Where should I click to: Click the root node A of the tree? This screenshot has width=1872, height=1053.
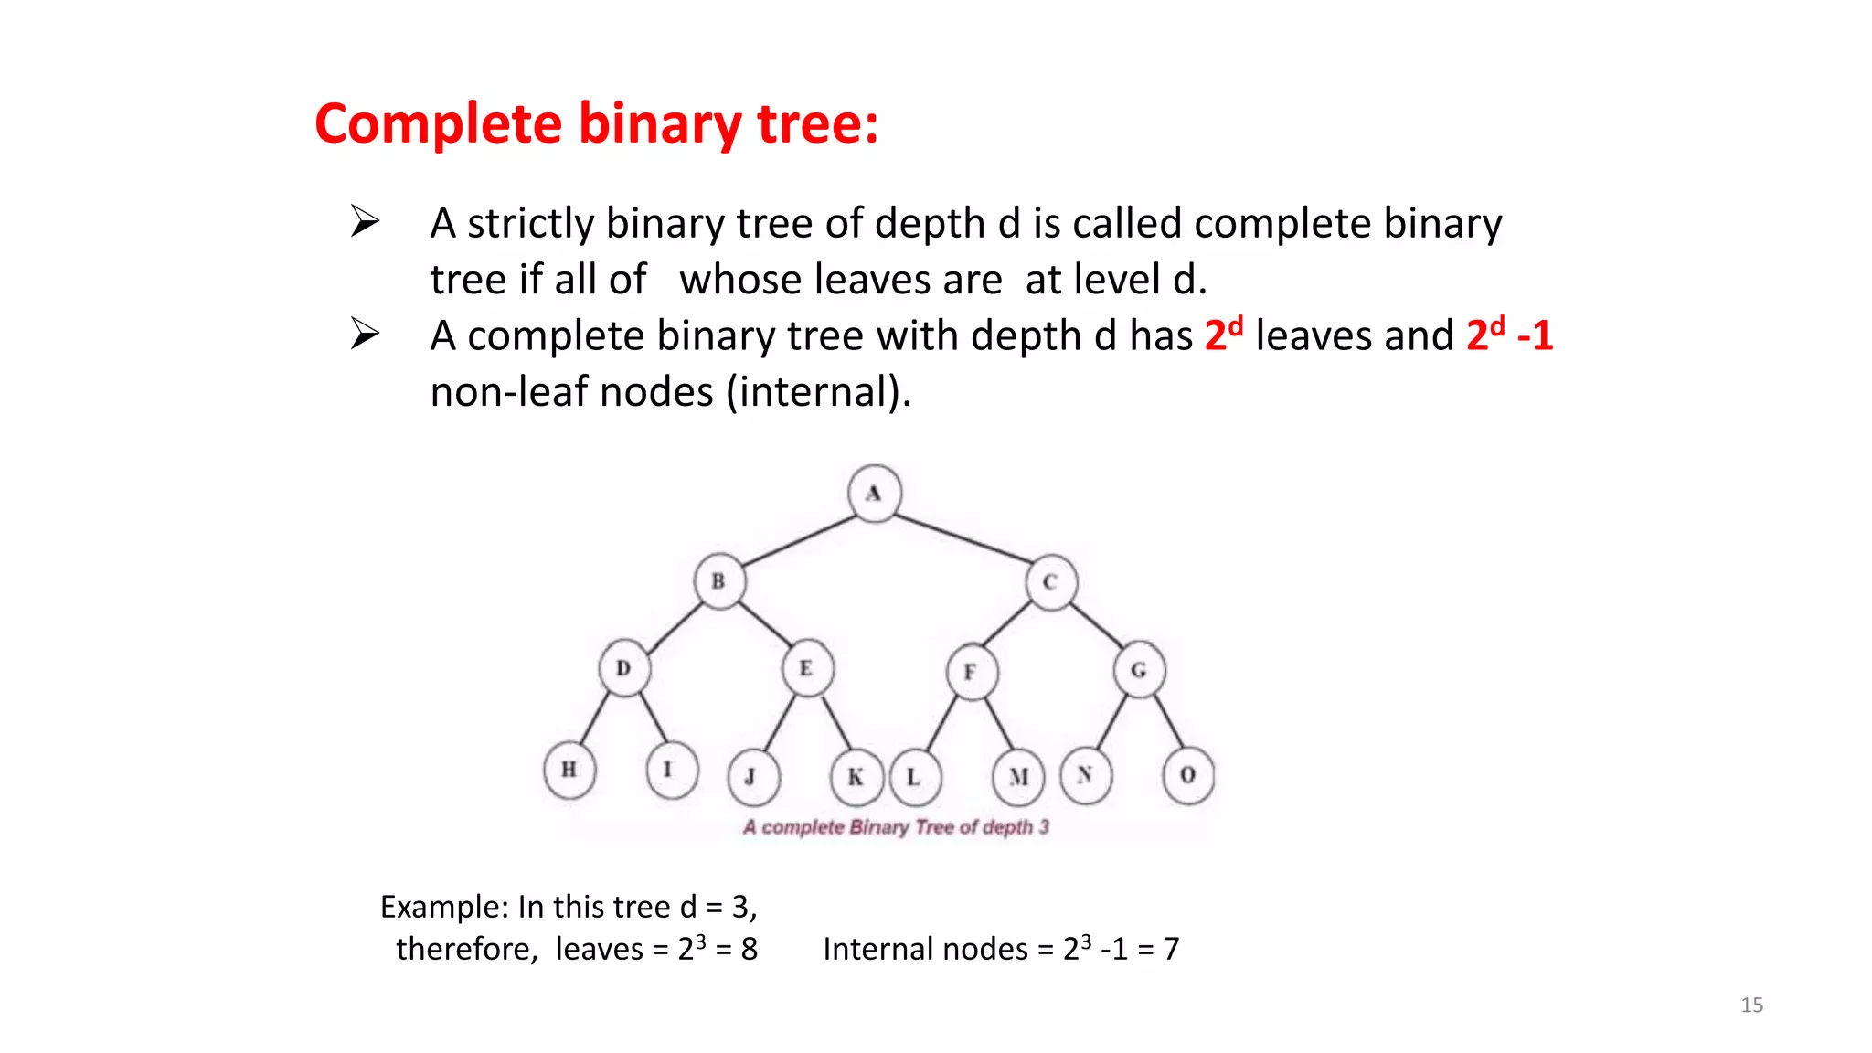(x=875, y=494)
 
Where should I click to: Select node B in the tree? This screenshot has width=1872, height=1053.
(x=719, y=581)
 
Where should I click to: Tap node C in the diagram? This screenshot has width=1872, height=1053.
(x=1050, y=582)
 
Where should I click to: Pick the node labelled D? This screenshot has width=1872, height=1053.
(x=624, y=669)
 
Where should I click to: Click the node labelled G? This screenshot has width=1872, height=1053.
(x=1139, y=670)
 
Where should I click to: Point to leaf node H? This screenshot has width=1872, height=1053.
(x=569, y=770)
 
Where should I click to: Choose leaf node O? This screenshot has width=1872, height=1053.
(x=1187, y=775)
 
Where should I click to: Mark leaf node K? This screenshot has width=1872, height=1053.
(x=856, y=777)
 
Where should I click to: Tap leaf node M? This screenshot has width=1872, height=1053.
(x=1018, y=777)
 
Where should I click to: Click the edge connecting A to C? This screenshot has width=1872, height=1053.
(x=964, y=538)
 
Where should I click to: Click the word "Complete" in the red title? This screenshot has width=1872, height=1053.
(x=438, y=123)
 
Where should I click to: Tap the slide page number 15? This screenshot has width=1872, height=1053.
(x=1751, y=1005)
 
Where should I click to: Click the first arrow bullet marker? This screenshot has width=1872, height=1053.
(x=365, y=221)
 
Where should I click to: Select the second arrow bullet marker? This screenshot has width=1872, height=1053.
(x=365, y=334)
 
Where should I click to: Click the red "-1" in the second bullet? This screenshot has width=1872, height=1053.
(x=1535, y=335)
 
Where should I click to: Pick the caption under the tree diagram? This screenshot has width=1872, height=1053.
(x=896, y=827)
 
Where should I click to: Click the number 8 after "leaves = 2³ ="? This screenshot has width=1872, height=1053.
(x=750, y=949)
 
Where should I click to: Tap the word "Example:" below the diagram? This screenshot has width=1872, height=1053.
(x=444, y=907)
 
